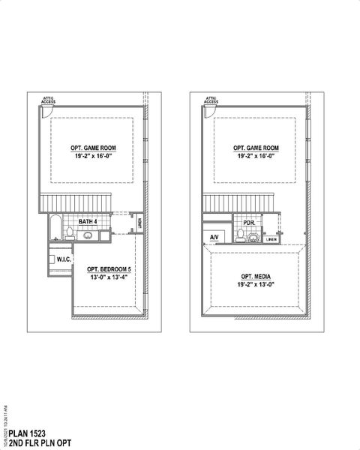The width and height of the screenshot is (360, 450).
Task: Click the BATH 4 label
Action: [87, 222]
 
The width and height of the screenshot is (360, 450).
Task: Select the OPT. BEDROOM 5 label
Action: [109, 268]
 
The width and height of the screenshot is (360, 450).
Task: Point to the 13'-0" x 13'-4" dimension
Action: [109, 277]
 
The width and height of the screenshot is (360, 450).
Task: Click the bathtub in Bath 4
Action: [53, 229]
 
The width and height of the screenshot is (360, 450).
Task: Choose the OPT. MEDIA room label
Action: [256, 277]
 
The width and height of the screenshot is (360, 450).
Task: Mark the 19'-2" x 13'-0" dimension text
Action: [256, 285]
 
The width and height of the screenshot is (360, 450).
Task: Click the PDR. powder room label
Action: [248, 222]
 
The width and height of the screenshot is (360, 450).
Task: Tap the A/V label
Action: [214, 238]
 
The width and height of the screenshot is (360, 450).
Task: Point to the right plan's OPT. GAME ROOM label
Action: [256, 148]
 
